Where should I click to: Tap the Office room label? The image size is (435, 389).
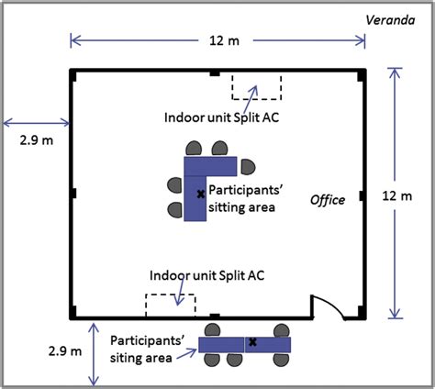point(327,200)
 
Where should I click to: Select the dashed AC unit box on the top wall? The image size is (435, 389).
point(256,85)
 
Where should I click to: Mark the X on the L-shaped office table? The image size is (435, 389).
point(199,194)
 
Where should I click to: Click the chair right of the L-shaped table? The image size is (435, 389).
point(248,166)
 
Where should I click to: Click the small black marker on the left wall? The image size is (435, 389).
point(72,195)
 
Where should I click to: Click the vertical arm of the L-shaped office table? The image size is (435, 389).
point(195,198)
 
